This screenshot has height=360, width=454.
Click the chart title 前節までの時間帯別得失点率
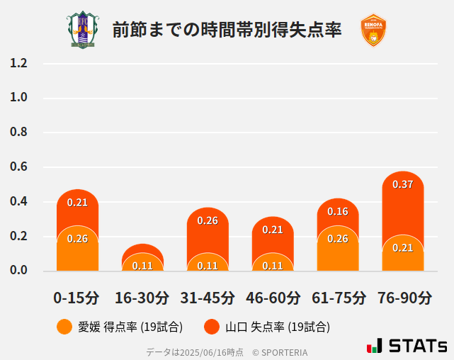point(227,30)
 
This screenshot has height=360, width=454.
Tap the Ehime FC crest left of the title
point(83,30)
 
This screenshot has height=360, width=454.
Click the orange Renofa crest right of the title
point(373,30)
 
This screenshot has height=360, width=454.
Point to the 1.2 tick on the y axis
point(18,63)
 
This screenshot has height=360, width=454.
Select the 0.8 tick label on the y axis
point(18,133)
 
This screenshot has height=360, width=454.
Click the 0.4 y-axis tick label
point(18,202)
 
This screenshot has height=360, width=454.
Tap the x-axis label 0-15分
point(76,298)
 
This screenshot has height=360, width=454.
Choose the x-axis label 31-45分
point(208,298)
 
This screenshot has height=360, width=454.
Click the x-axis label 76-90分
point(403,298)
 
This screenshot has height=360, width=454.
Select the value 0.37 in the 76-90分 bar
point(403,184)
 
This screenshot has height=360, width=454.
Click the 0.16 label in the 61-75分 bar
point(338,211)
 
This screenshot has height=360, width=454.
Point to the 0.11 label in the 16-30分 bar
point(142,266)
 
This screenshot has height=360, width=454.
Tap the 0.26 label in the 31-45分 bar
point(208,220)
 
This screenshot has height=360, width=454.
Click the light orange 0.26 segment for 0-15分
point(77,252)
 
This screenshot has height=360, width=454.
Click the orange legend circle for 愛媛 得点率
point(64,327)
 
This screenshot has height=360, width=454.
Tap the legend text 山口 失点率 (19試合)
point(278,327)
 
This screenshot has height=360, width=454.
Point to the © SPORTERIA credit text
point(280,352)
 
